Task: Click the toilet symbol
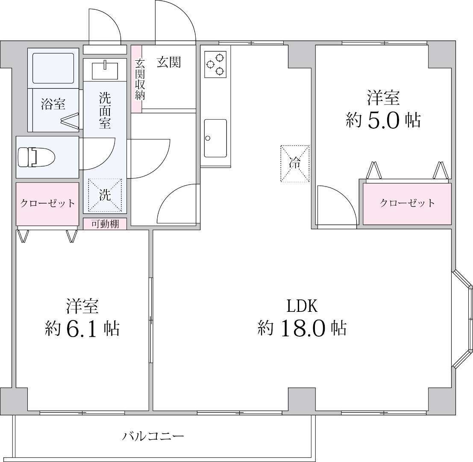[x=36, y=157]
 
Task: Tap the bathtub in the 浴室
[x=53, y=68]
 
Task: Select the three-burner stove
[x=215, y=64]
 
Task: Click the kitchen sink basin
[x=215, y=138]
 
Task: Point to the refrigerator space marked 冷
[x=295, y=164]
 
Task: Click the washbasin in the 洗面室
[x=105, y=70]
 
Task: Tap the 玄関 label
[x=169, y=62]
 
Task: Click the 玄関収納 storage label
[x=140, y=80]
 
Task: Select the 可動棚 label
[x=105, y=224]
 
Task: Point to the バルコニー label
[x=153, y=436]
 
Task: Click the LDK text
[x=302, y=306]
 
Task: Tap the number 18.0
[x=303, y=328]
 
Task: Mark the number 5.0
[x=383, y=120]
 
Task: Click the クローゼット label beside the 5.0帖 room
[x=407, y=203]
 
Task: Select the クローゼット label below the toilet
[x=47, y=203]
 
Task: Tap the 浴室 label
[x=53, y=104]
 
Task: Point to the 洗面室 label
[x=105, y=110]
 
